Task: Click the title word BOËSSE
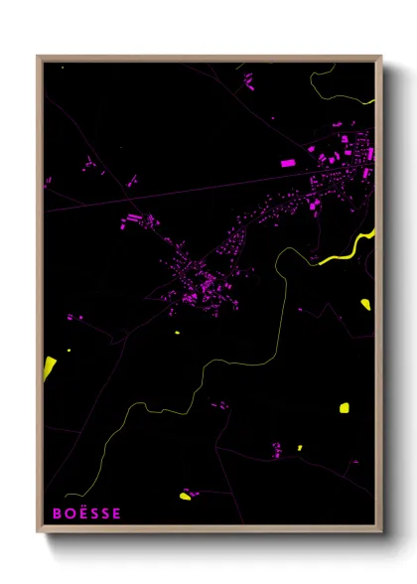[86, 513]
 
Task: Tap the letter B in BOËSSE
[58, 513]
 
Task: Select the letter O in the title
[69, 513]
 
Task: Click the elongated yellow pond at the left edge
[49, 366]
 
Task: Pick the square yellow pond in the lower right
[344, 406]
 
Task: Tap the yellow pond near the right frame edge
[365, 303]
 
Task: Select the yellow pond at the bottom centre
[185, 496]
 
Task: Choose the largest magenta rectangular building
[288, 162]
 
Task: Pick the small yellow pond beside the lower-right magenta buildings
[299, 448]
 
